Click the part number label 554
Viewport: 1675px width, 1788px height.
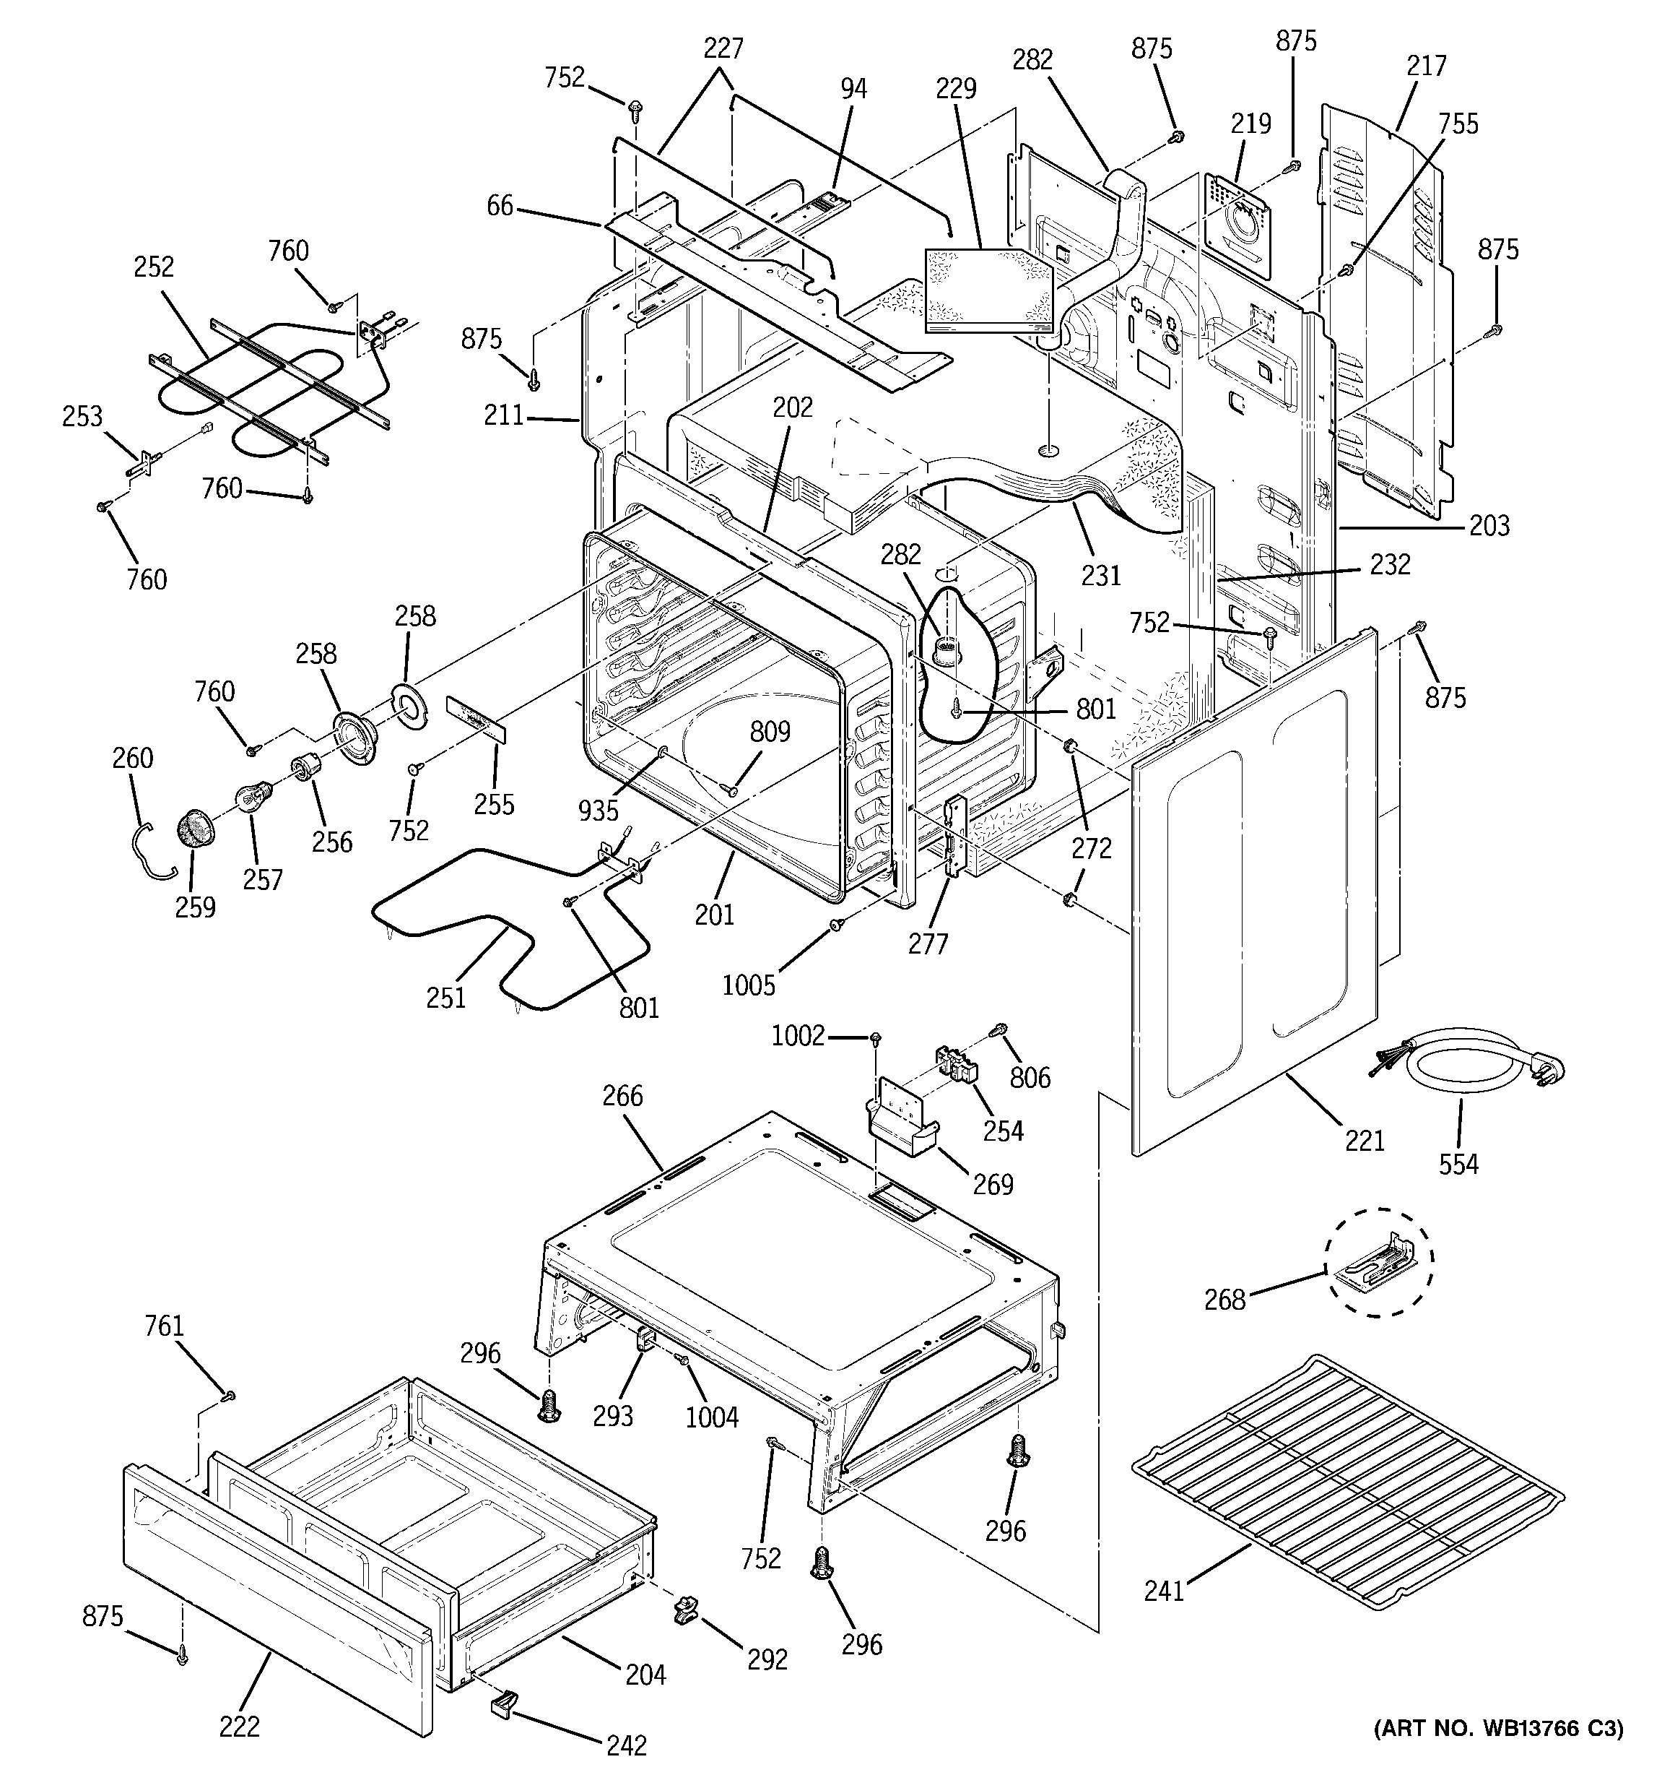click(x=1458, y=1164)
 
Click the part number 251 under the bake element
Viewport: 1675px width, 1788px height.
click(x=446, y=998)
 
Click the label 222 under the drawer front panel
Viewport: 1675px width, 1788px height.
click(x=239, y=1726)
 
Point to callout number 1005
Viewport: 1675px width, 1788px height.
click(x=748, y=985)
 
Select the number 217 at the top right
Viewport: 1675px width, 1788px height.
click(x=1426, y=66)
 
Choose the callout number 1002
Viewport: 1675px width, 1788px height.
click(x=798, y=1036)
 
